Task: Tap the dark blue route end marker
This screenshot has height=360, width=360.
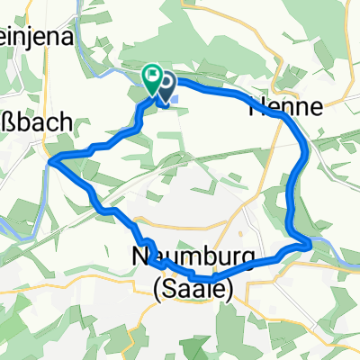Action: click(166, 86)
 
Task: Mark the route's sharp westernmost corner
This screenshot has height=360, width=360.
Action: click(51, 160)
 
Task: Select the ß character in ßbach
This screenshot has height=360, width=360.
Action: click(7, 123)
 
